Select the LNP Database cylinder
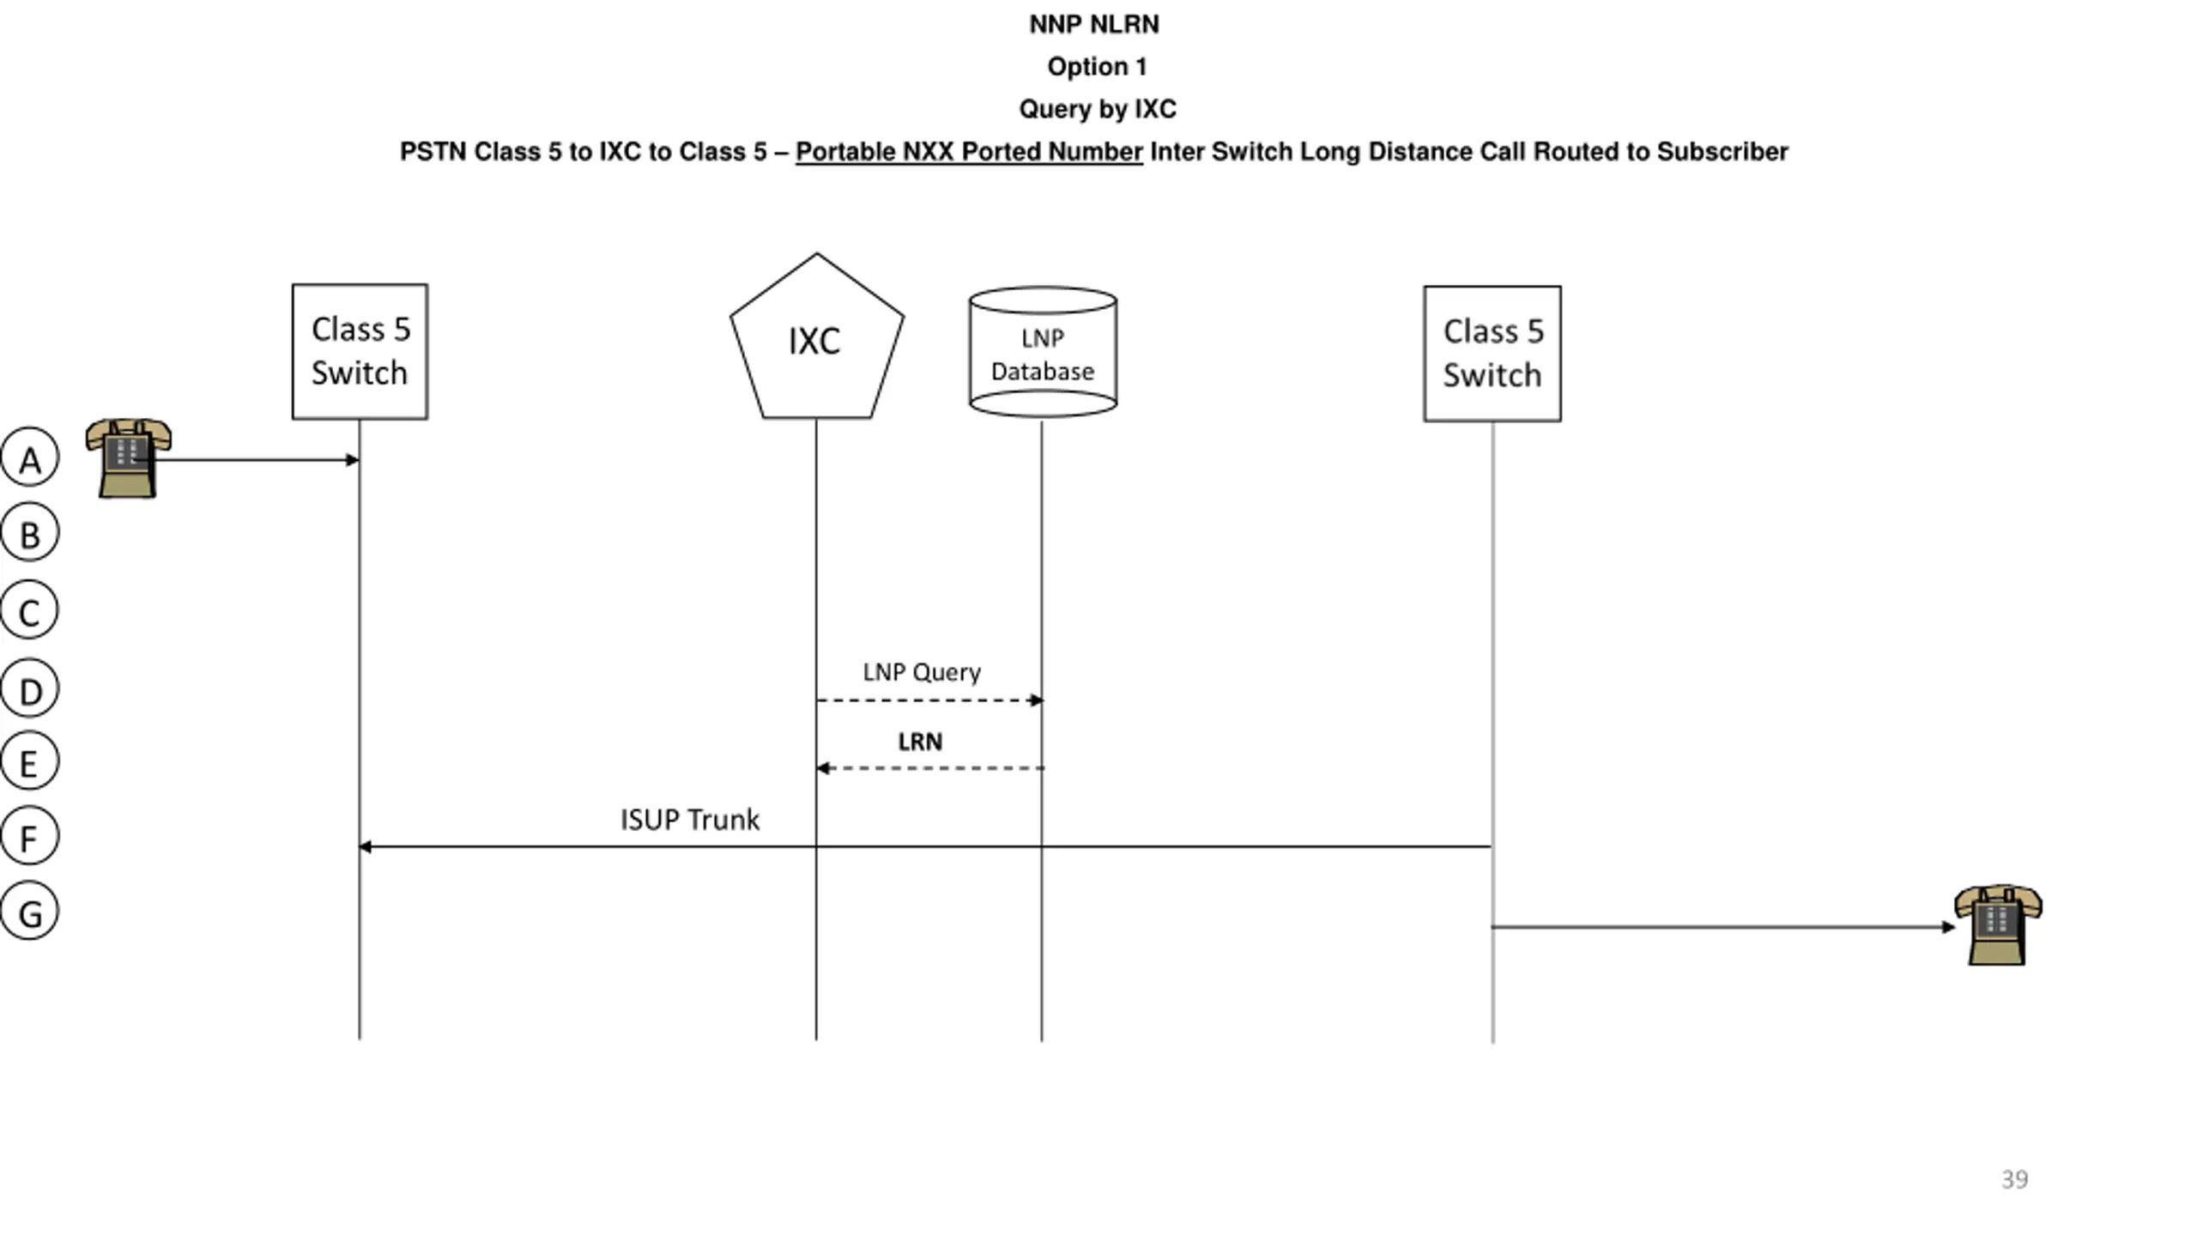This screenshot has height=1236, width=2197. [x=1043, y=352]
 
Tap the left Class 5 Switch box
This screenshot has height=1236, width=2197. [x=360, y=352]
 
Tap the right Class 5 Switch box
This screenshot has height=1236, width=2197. [x=1492, y=354]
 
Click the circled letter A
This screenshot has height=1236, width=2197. [x=29, y=457]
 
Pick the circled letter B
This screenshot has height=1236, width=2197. [x=29, y=532]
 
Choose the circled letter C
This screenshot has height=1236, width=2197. [x=29, y=610]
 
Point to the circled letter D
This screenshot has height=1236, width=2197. [x=29, y=688]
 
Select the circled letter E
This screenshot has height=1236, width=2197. [x=29, y=761]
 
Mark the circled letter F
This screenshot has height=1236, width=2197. [x=29, y=836]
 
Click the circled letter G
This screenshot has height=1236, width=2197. [x=29, y=911]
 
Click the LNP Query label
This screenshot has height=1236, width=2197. [x=922, y=672]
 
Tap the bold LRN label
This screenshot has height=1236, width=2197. [x=920, y=742]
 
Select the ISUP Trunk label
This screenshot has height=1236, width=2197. [x=690, y=820]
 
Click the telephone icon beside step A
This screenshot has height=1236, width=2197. [x=128, y=458]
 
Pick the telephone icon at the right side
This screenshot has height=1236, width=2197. [x=1998, y=925]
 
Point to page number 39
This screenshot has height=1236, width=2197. [x=2015, y=1179]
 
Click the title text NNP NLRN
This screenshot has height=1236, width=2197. [x=1094, y=24]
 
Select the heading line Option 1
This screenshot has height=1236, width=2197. [x=1097, y=66]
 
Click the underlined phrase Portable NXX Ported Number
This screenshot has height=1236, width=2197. [x=969, y=152]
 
